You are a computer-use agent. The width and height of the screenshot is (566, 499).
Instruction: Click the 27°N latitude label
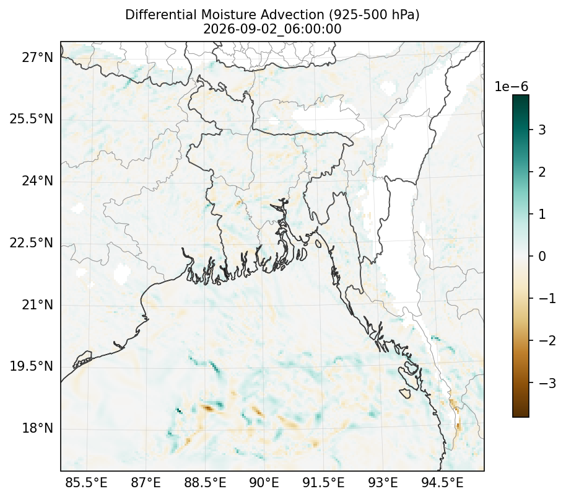tap(37, 57)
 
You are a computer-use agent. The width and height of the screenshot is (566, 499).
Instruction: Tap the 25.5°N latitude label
tap(32, 118)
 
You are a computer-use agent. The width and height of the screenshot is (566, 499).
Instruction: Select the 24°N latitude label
tap(37, 180)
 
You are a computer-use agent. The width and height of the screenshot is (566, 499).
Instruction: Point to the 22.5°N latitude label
tap(32, 242)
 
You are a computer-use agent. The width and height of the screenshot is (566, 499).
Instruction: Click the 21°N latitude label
tap(37, 304)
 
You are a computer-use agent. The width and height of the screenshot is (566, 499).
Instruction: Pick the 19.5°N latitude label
tap(32, 366)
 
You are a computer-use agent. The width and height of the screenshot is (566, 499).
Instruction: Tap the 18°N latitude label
tap(37, 428)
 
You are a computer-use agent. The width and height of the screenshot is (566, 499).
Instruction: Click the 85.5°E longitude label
tap(86, 482)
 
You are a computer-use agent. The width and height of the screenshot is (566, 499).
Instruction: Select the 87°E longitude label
tap(146, 482)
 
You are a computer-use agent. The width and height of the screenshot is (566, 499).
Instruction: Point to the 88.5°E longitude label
tap(205, 482)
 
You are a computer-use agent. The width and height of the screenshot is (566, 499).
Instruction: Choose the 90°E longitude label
tap(264, 482)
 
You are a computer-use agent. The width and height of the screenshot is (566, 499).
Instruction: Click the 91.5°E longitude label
tap(323, 482)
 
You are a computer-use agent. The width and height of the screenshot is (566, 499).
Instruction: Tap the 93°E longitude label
tap(383, 482)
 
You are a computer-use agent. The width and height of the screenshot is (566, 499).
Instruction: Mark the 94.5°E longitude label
tap(442, 482)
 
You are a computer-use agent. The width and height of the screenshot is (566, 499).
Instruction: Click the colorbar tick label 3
tap(542, 130)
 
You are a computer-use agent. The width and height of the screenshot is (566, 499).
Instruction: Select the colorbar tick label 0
tap(542, 256)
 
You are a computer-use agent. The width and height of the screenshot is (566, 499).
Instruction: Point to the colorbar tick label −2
tap(547, 340)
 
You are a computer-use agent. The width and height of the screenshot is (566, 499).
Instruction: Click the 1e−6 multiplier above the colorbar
tap(511, 87)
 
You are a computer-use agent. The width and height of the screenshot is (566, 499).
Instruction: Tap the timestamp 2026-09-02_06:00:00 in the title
tap(272, 29)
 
